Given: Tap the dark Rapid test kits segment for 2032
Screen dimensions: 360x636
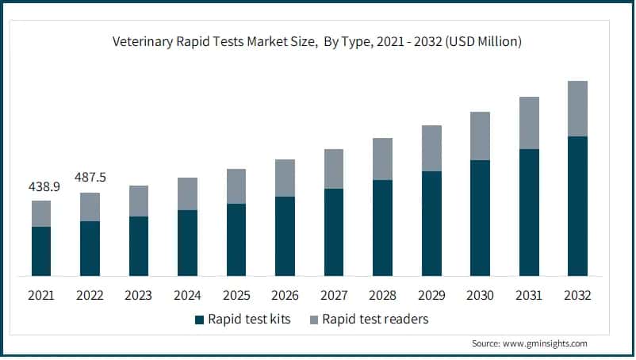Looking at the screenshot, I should coord(577,206).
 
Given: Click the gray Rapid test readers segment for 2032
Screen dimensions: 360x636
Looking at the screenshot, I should coord(577,109).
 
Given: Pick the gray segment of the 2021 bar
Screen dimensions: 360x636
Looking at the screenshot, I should coord(41,214).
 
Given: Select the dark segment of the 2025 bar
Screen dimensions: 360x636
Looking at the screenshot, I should coord(236,240).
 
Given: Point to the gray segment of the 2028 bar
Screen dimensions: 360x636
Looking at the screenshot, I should coord(382,159).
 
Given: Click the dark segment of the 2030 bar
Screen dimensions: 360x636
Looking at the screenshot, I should coord(480,218).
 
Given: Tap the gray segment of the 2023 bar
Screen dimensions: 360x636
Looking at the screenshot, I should coord(139,201).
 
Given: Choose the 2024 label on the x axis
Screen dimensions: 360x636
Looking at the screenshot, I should coord(187,296).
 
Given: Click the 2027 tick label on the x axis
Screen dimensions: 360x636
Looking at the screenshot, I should coord(334,296).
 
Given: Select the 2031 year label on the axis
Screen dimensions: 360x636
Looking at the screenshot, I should coord(529,296).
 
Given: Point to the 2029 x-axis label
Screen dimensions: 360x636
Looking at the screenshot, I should coord(431,296).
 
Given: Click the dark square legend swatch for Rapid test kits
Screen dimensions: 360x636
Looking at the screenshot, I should coord(199,320).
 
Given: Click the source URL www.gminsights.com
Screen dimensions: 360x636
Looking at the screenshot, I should coord(548,344).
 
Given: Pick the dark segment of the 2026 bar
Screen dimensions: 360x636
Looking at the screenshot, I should coord(285,236).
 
